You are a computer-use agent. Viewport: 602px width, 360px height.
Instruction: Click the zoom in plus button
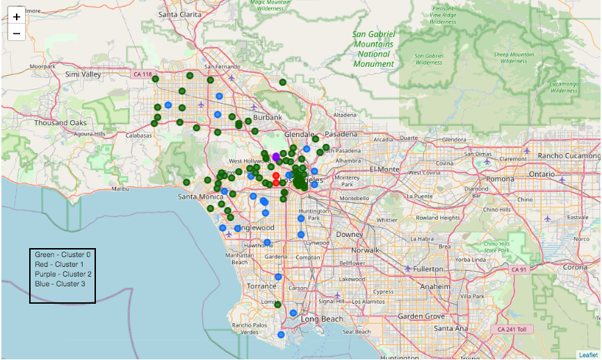[17, 16]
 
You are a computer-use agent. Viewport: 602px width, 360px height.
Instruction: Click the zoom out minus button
[17, 33]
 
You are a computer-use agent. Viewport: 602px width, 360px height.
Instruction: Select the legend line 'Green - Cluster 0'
[63, 255]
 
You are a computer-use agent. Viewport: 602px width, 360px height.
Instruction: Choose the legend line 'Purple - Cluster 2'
[63, 275]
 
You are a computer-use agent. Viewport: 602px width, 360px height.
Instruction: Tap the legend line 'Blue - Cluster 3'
[60, 284]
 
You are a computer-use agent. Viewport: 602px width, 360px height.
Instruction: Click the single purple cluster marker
[276, 156]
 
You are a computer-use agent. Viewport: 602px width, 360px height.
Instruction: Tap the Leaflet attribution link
[588, 354]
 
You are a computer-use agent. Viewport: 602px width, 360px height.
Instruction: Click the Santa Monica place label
[200, 197]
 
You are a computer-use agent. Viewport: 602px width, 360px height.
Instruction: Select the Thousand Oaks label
[60, 123]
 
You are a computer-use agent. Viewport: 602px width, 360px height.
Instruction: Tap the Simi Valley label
[83, 74]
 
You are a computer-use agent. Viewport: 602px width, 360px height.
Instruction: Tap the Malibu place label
[120, 188]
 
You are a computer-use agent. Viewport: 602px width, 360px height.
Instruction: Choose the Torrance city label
[261, 286]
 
